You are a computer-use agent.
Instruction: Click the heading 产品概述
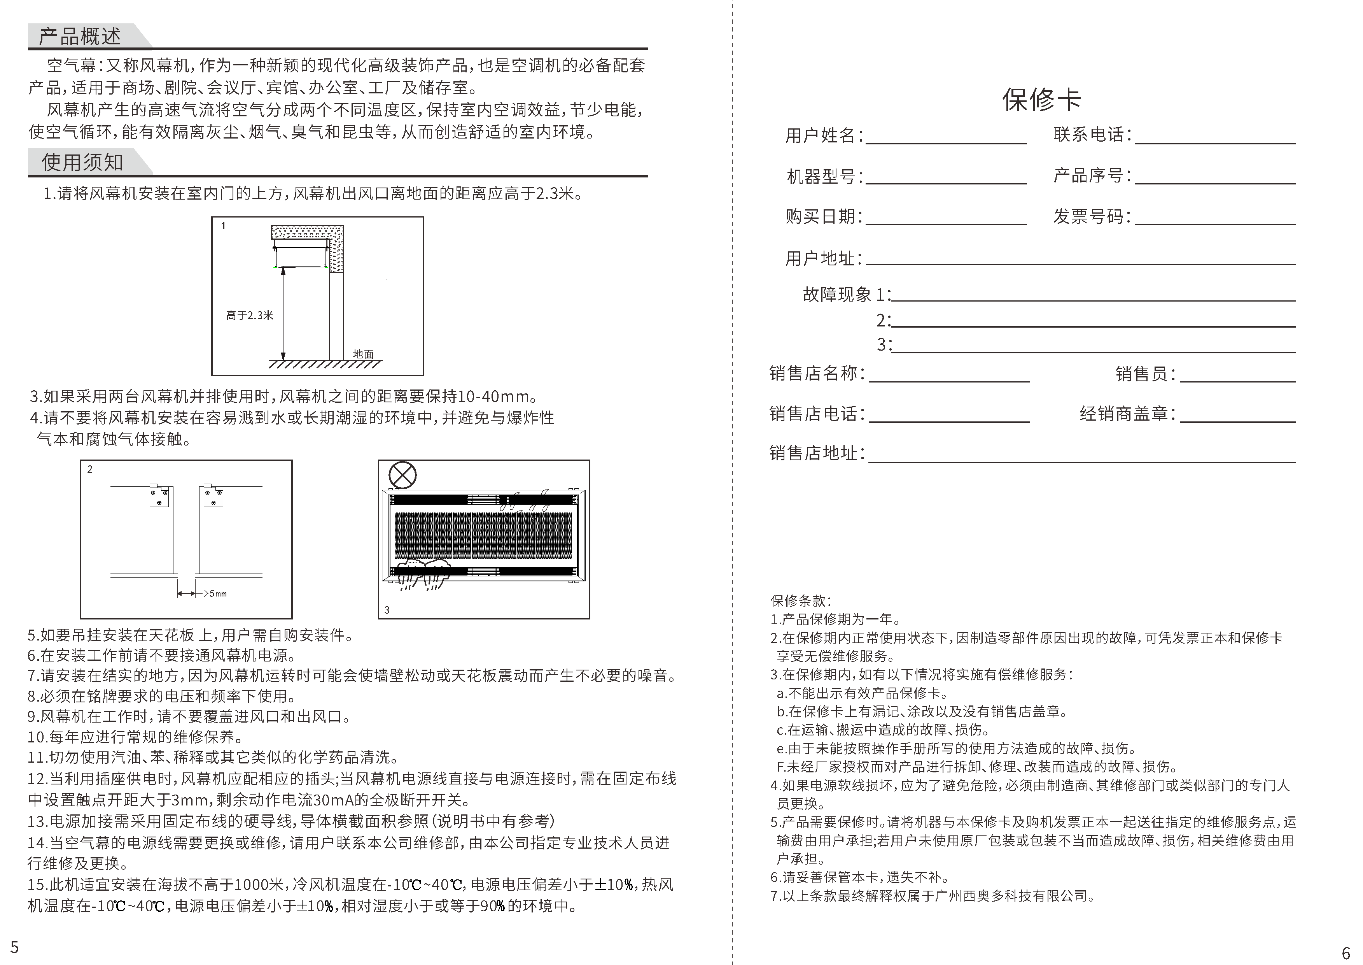coord(80,37)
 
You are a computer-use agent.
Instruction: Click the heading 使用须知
coord(82,162)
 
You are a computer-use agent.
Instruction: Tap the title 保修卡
coord(1041,99)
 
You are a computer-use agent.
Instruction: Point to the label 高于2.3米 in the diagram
coord(249,316)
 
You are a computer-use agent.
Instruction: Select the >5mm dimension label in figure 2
coord(215,594)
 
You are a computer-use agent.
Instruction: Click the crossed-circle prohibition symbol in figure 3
coord(402,475)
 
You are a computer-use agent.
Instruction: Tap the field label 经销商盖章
coord(1127,414)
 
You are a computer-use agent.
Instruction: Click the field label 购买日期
coord(823,216)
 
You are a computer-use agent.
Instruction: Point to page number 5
coord(15,947)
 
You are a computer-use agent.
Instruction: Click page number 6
coord(1346,953)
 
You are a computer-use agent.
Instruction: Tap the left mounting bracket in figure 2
coord(159,496)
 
